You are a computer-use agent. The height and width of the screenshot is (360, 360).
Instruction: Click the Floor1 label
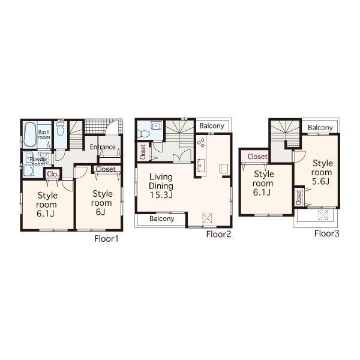(x=107, y=238)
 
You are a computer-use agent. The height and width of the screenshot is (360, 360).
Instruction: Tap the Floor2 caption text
(x=218, y=235)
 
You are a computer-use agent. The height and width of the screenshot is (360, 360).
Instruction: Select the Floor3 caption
(x=327, y=233)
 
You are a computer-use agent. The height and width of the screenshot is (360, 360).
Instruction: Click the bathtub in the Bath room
(x=29, y=135)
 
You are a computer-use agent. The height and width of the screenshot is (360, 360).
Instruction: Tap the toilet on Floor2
(x=155, y=127)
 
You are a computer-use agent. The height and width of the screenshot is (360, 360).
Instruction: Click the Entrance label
(x=103, y=146)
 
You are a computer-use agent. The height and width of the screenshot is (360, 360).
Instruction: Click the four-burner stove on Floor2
(x=201, y=143)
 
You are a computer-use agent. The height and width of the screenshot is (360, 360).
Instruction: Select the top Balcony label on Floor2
(x=212, y=126)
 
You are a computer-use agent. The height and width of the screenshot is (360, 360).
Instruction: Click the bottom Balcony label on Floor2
(x=162, y=219)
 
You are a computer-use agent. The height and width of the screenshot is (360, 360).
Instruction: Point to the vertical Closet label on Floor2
(x=143, y=152)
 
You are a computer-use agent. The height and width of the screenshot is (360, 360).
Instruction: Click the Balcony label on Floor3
(x=321, y=128)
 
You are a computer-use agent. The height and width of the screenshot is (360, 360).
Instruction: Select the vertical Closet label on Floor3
(x=298, y=197)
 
